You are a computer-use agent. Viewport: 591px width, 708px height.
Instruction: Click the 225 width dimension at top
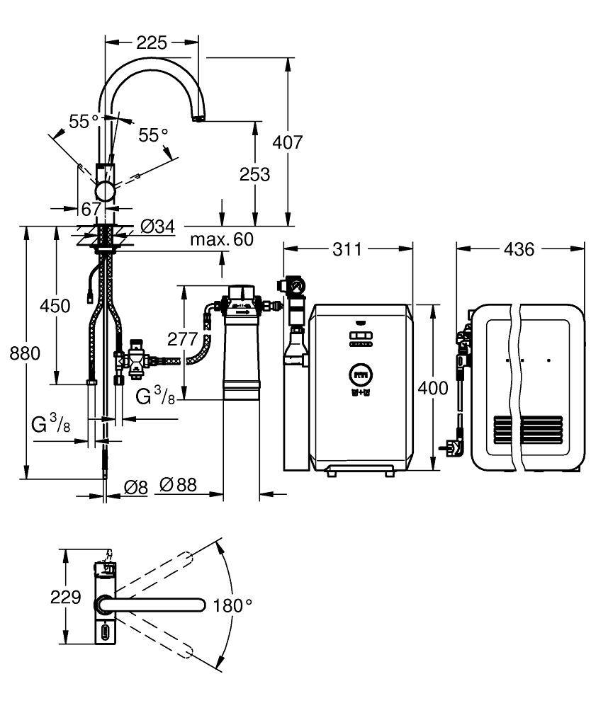[152, 43]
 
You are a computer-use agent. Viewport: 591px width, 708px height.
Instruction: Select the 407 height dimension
[288, 142]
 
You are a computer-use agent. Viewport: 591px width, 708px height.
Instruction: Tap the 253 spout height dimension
[254, 173]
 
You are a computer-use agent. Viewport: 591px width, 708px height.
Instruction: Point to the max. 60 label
[221, 239]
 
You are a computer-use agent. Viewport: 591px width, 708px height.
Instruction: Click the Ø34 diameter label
[157, 227]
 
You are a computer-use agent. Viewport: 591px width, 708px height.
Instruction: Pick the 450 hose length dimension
[55, 306]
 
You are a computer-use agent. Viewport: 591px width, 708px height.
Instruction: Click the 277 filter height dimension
[182, 338]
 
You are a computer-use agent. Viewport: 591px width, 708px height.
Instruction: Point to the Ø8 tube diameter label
[135, 486]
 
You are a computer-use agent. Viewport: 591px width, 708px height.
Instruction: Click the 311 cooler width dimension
[347, 249]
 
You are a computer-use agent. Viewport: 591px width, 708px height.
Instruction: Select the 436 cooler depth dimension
[520, 249]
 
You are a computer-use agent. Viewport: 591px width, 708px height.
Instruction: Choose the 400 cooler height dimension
[433, 388]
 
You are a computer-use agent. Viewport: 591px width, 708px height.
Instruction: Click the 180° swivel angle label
[233, 605]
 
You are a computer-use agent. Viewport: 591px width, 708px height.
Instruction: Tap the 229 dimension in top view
[66, 598]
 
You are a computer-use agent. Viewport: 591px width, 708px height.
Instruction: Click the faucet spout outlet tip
[198, 121]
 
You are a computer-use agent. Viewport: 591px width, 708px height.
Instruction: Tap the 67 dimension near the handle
[92, 207]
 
